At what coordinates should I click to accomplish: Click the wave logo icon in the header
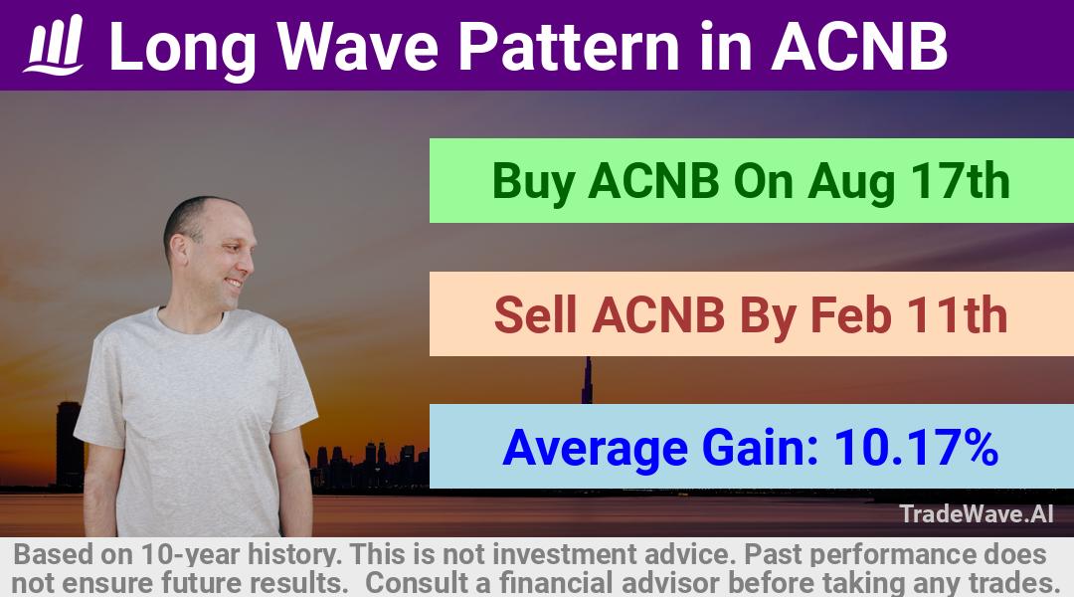click(x=54, y=45)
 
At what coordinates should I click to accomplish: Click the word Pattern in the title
click(x=569, y=46)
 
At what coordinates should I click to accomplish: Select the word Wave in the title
click(x=358, y=46)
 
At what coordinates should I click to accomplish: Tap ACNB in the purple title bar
click(x=859, y=46)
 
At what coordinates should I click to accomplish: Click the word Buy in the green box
click(x=534, y=182)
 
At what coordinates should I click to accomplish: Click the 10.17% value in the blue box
click(x=916, y=447)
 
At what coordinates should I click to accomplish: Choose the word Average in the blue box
click(x=596, y=449)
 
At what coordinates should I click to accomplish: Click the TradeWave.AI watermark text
click(x=977, y=513)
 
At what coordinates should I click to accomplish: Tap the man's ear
click(x=179, y=251)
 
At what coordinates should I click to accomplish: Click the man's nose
click(x=251, y=261)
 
